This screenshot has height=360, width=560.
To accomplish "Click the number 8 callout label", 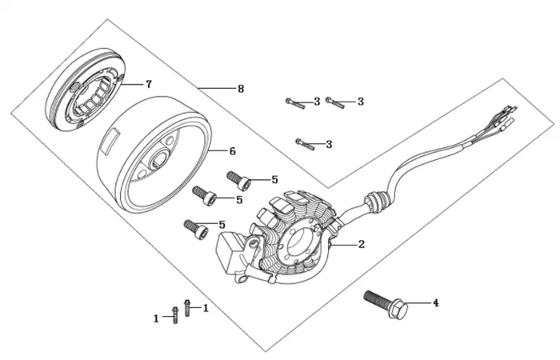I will click(x=241, y=89).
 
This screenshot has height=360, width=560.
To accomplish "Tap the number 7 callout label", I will click(x=148, y=84).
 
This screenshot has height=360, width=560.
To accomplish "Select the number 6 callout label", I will click(x=233, y=150).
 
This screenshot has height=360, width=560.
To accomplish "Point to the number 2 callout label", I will click(x=362, y=245).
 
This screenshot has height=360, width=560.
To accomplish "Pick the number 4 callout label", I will click(x=436, y=303).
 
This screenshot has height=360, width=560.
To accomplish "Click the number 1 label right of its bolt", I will click(x=206, y=308).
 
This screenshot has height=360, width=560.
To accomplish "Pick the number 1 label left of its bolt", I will click(x=157, y=318).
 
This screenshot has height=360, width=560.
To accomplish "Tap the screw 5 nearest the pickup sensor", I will click(x=197, y=228).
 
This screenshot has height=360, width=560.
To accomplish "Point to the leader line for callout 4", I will click(x=420, y=303).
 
